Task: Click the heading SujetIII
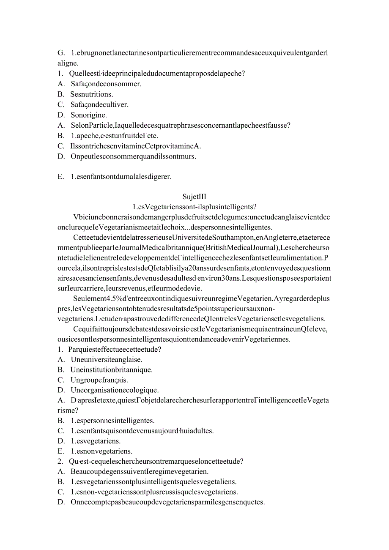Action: tap(194, 197)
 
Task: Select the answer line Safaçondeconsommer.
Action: tap(106, 84)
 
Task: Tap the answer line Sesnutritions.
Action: tap(92, 94)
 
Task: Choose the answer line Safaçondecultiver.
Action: tap(99, 104)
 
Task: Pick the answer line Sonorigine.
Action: tap(89, 115)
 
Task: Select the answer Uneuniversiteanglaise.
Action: tap(106, 359)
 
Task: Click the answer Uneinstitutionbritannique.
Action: tap(111, 369)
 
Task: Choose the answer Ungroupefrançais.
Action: tap(99, 380)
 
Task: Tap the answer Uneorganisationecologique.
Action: tap(115, 390)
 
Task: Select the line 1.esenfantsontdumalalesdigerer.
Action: tap(121, 177)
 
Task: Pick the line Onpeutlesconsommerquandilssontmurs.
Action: tap(133, 156)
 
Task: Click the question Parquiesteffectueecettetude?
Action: tap(115, 349)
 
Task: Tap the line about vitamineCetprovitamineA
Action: tap(135, 146)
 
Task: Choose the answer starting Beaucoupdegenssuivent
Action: tap(140, 471)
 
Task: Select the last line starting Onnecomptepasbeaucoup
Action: tap(167, 502)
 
